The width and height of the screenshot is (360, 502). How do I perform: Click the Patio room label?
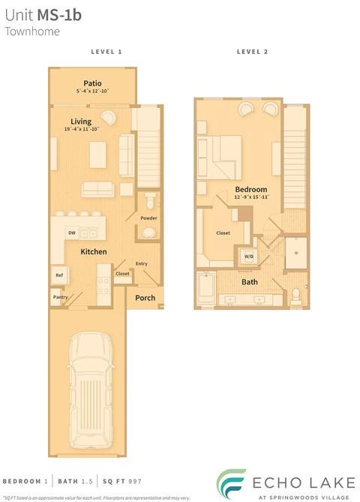tap(93, 83)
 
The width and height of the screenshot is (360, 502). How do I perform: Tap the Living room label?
tap(81, 121)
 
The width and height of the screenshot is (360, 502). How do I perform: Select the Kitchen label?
tap(94, 251)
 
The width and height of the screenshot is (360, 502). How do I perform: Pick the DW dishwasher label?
tap(72, 233)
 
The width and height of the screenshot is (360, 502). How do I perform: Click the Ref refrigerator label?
tap(58, 275)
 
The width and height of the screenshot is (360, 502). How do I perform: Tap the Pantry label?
tap(61, 297)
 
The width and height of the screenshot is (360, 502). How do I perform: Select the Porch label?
tap(145, 298)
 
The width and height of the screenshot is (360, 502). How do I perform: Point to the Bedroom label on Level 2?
tap(248, 189)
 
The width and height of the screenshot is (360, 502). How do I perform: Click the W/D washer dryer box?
tap(248, 257)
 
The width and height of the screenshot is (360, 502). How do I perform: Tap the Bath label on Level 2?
tap(250, 282)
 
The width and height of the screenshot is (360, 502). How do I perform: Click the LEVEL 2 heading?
tap(252, 52)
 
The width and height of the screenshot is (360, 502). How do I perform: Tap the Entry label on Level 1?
tap(142, 263)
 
